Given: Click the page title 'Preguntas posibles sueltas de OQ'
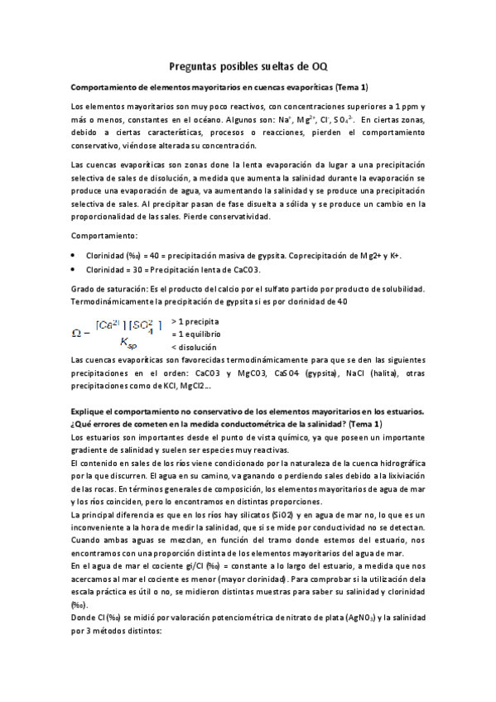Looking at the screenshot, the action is (248, 66).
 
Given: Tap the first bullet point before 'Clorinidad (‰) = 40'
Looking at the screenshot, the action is (75, 255).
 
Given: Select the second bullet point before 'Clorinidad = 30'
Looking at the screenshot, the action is (75, 269).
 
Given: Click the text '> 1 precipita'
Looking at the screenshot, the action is (195, 320).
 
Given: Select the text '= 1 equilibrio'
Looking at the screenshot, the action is (196, 334).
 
